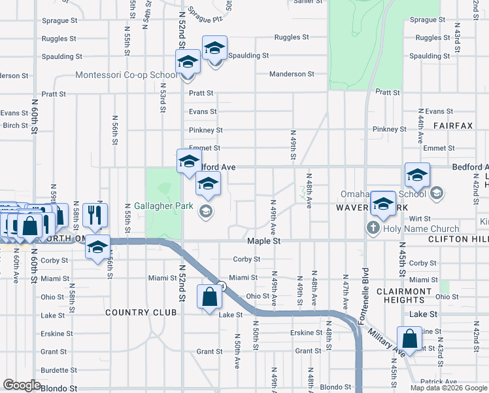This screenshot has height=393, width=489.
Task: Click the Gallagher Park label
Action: [x=163, y=206]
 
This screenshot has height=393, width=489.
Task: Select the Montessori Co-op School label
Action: [x=126, y=75]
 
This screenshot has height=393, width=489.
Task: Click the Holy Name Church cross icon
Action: [x=373, y=229]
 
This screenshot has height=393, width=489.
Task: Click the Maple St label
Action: [x=263, y=241]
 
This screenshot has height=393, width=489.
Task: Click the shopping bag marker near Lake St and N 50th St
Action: [x=209, y=298]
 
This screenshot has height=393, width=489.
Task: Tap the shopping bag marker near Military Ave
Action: [x=409, y=339]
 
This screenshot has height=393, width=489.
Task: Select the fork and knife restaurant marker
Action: [x=97, y=214]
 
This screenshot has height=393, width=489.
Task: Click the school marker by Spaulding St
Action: [x=214, y=48]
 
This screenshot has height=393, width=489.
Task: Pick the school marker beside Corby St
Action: [x=97, y=247]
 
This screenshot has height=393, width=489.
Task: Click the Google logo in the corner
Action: [x=22, y=386]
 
